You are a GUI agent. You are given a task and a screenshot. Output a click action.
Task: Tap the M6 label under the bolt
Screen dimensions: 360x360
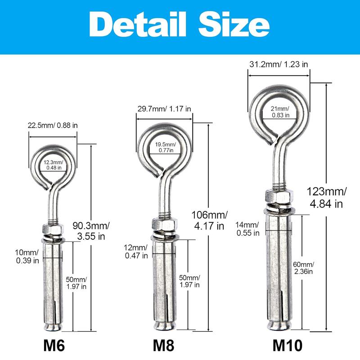pyautogui.click(x=54, y=346)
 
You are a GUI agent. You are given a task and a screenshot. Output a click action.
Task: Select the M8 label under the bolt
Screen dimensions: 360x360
pyautogui.click(x=164, y=346)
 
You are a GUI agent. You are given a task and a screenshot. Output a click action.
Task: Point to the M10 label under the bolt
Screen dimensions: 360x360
pyautogui.click(x=288, y=346)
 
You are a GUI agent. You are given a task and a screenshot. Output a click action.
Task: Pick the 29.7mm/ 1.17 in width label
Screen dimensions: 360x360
pyautogui.click(x=164, y=108)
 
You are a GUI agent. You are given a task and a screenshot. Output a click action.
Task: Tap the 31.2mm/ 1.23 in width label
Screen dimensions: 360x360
pyautogui.click(x=279, y=64)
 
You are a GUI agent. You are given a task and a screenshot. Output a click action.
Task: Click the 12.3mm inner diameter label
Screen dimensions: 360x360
pyautogui.click(x=53, y=165)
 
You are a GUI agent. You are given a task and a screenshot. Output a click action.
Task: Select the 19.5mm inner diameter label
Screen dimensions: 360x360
pyautogui.click(x=165, y=147)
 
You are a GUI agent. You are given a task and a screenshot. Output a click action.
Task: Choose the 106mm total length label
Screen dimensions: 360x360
pyautogui.click(x=209, y=219)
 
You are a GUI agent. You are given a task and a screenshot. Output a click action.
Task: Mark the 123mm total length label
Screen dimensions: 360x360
pyautogui.click(x=327, y=197)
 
